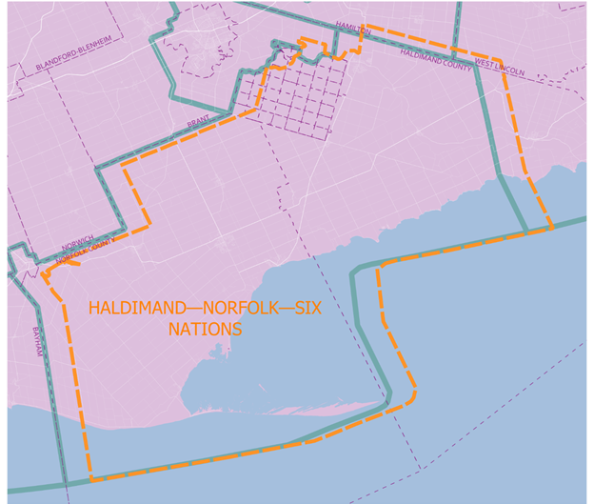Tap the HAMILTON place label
tap(352, 30)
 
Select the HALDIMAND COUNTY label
tap(434, 55)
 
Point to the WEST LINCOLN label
tap(500, 68)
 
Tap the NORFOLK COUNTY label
tap(84, 251)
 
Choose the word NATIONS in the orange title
tap(204, 330)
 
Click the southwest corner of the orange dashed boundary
tap(91, 476)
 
